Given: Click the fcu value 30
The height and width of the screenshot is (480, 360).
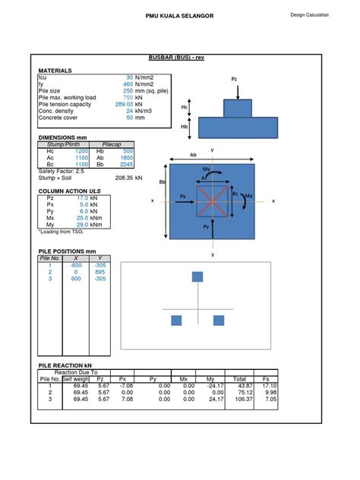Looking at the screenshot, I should tap(129, 77).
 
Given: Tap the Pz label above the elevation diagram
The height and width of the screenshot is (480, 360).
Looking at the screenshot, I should tap(233, 78).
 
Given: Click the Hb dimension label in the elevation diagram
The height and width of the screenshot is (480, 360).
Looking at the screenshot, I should tap(185, 127).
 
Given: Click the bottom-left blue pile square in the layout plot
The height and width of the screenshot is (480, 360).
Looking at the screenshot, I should tap(176, 321).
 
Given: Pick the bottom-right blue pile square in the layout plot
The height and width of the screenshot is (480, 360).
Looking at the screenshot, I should tap(219, 321).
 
